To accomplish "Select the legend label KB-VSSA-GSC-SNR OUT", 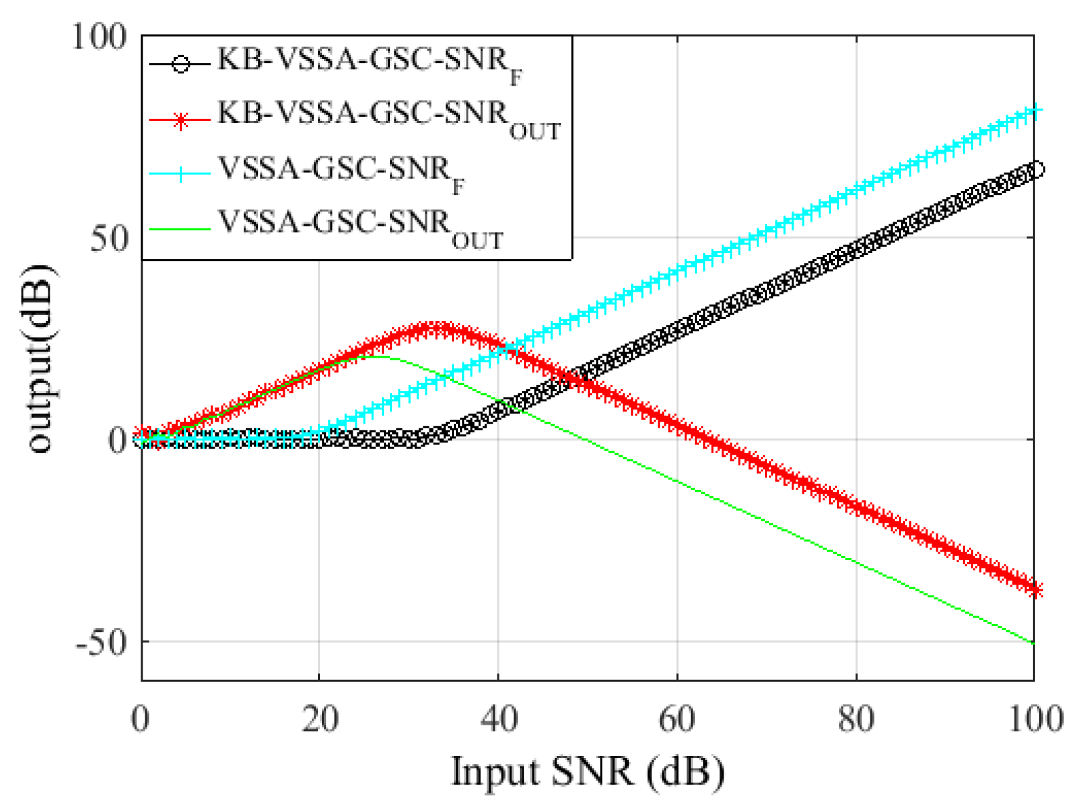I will coord(388,117).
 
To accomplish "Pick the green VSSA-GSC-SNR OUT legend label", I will coord(360,226).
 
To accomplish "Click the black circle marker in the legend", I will coord(180,64).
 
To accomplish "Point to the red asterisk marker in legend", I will coord(180,121).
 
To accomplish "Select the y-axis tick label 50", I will coord(109,239).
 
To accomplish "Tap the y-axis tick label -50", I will coord(102,642).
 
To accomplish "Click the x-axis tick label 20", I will coord(319,719).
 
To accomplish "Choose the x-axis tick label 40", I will coord(499,719).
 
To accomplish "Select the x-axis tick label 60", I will coord(677,719).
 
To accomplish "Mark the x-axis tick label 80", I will coord(856,719).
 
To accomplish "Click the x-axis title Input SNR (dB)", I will coord(588,773).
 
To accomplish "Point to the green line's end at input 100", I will coord(1033,643).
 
